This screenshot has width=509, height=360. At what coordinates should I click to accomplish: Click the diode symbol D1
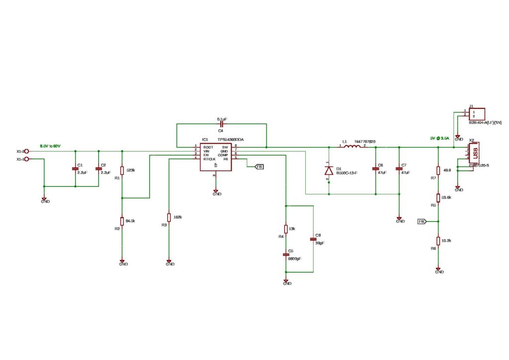click(329, 170)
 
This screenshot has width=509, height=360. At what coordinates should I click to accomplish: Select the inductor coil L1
click(353, 147)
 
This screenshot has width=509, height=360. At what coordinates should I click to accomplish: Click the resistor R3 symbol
click(169, 218)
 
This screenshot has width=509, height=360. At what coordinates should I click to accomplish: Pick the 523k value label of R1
click(131, 170)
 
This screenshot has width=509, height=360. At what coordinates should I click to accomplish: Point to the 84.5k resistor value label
click(131, 220)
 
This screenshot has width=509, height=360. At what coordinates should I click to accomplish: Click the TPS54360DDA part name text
click(230, 140)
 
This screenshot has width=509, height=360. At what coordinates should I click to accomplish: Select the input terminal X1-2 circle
click(27, 151)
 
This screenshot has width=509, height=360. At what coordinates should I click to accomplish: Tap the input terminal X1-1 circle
click(27, 159)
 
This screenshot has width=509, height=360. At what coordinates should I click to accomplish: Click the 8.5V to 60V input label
click(50, 146)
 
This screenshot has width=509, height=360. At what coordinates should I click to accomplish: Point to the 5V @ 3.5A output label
click(439, 138)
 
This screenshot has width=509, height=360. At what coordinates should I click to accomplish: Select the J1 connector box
click(477, 114)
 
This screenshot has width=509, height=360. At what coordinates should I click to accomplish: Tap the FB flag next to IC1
click(259, 167)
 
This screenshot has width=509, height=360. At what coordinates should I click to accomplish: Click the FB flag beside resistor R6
click(422, 221)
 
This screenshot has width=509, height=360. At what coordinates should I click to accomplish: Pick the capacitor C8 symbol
click(313, 239)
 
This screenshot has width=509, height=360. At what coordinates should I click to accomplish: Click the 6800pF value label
click(294, 259)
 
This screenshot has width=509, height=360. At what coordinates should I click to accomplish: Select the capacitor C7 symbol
click(399, 169)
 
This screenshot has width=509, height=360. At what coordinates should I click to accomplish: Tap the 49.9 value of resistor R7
click(446, 170)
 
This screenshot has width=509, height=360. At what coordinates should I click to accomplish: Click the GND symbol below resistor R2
click(122, 262)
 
